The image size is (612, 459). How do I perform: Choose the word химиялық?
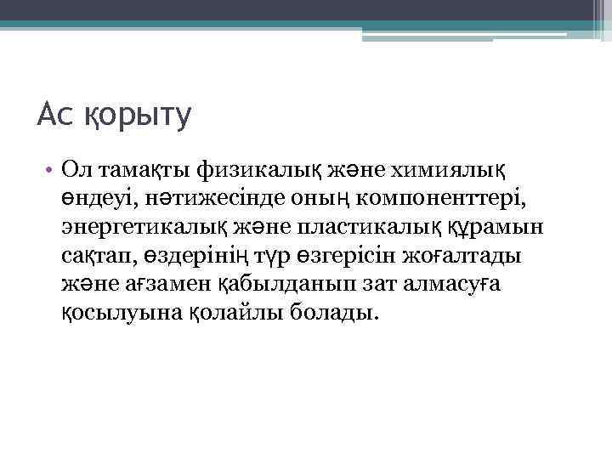[x=447, y=171]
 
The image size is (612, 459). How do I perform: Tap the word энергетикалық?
[x=140, y=228]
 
